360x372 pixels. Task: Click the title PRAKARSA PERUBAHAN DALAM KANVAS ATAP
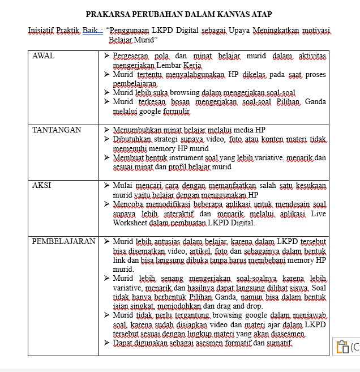[x=179, y=14]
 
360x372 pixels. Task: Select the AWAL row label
[x=44, y=55]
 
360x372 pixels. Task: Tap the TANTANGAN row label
[x=57, y=130]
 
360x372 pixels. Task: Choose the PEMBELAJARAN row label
[x=63, y=241]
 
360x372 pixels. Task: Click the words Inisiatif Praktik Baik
[x=65, y=30]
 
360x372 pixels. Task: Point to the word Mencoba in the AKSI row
[x=128, y=204]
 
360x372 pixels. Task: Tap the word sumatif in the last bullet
[x=277, y=343]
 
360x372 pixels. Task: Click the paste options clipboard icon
[x=342, y=347]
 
